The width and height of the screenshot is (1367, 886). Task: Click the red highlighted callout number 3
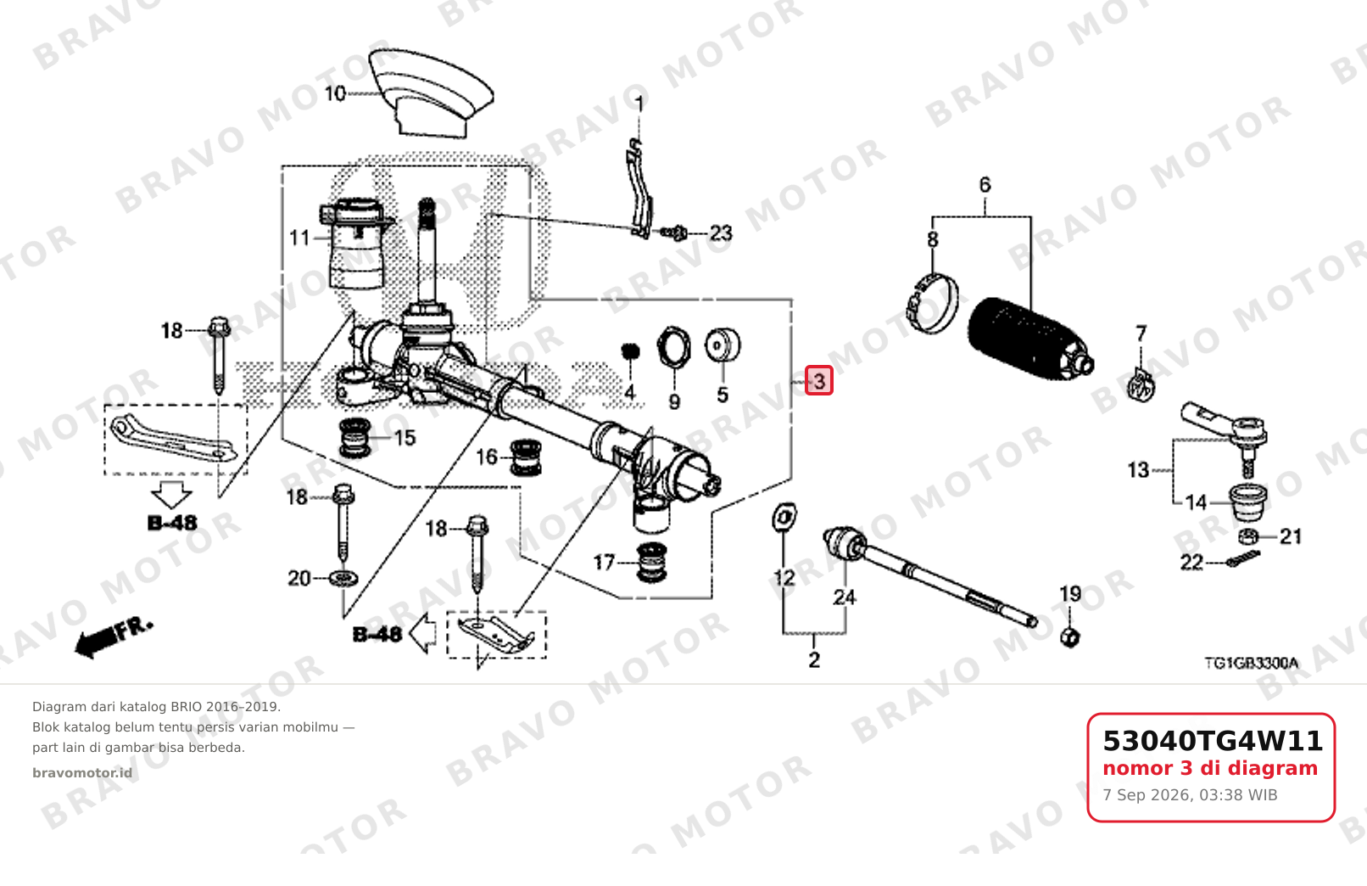(x=819, y=380)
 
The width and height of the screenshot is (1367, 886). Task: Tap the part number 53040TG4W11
(x=1213, y=741)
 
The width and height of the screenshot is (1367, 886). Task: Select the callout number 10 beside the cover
(x=335, y=94)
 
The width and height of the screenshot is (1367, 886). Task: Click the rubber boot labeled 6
(x=1030, y=339)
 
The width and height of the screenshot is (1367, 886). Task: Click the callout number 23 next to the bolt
(x=721, y=233)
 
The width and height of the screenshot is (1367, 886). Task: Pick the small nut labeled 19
(x=1070, y=636)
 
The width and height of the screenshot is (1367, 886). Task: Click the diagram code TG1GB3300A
(x=1251, y=663)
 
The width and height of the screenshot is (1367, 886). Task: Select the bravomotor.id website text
(x=82, y=773)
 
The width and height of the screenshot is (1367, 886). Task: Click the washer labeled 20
(x=343, y=578)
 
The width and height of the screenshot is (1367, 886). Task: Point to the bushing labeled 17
(x=651, y=562)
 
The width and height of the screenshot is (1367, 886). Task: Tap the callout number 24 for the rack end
(x=844, y=597)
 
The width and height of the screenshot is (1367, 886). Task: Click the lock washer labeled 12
(x=784, y=518)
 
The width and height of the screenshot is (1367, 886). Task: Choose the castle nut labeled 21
(x=1249, y=536)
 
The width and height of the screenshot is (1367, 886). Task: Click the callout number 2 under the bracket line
(x=814, y=659)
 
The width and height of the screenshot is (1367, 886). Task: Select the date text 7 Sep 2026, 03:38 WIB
(x=1190, y=795)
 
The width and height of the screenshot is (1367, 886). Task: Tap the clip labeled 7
(x=1140, y=385)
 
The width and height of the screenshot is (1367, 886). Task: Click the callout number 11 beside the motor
(x=299, y=238)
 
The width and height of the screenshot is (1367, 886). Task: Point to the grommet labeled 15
(x=354, y=438)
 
